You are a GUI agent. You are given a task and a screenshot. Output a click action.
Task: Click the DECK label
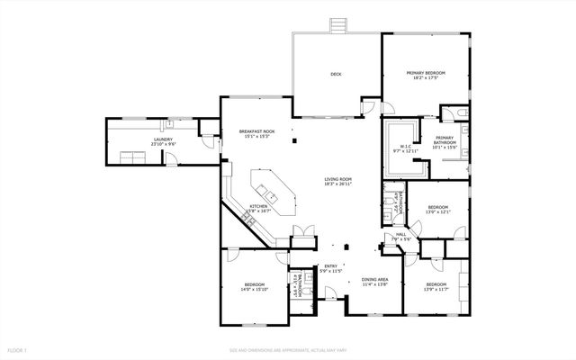[336, 74]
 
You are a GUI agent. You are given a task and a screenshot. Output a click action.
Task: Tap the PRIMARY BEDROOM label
[426, 74]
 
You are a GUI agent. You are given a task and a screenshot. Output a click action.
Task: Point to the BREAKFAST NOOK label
[256, 132]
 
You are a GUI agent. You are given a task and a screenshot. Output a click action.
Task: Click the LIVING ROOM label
[337, 179]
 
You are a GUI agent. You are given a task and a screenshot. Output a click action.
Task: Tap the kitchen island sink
[267, 192]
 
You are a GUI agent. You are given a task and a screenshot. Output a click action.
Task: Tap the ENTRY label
[330, 265]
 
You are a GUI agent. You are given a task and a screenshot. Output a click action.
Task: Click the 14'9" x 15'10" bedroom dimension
[253, 291]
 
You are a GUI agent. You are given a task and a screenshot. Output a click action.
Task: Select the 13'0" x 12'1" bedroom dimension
[437, 212]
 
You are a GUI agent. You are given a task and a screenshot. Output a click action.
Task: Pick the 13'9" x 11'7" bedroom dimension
[437, 287]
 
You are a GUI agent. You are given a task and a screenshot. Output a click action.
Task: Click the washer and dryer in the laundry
[135, 157]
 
